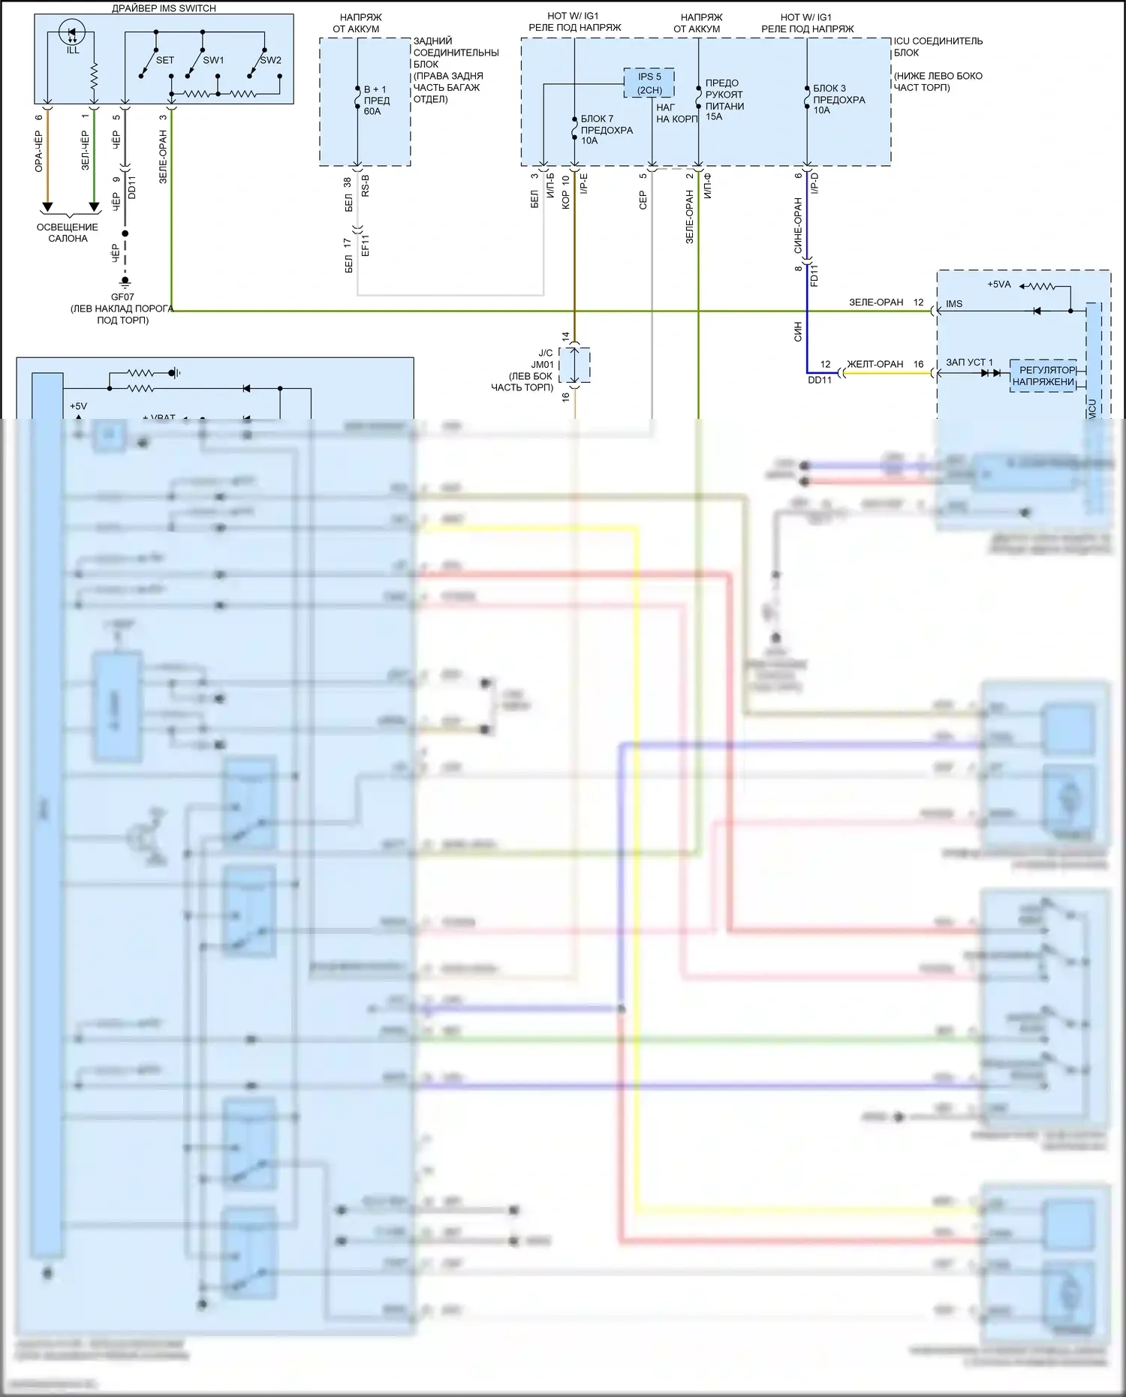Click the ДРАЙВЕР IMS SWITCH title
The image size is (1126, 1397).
point(164,8)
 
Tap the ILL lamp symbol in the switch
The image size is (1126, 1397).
point(73,35)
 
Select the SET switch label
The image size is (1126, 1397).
point(164,60)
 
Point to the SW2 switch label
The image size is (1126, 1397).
point(270,60)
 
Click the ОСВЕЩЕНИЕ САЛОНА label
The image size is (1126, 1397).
point(68,233)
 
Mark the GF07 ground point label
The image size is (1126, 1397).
point(122,297)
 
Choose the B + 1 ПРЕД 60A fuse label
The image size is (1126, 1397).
point(377,100)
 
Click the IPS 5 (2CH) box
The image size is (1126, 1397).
point(649,83)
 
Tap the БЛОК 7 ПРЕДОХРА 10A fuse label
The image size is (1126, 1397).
point(607,130)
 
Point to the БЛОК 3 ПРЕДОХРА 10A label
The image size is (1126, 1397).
point(838,99)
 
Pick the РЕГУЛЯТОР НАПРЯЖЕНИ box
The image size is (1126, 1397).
point(1043,376)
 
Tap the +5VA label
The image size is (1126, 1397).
point(998,285)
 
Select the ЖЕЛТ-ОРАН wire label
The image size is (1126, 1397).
point(875,364)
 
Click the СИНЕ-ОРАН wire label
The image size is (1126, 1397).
point(798,225)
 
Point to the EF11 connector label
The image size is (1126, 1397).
point(366,245)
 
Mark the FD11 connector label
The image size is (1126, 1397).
point(814,275)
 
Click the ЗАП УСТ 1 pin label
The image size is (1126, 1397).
point(968,363)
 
